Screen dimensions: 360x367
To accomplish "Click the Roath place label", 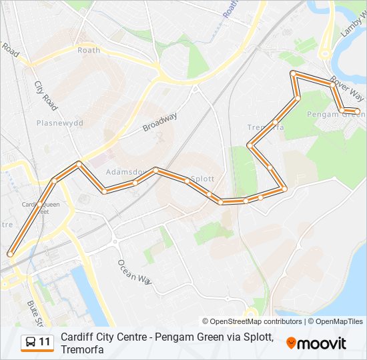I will [88, 50].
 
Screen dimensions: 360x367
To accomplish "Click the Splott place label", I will [202, 179].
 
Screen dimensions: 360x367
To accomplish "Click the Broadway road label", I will [160, 123].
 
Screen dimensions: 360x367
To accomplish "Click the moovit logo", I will [316, 343].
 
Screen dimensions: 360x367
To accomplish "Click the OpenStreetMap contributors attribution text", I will [252, 321].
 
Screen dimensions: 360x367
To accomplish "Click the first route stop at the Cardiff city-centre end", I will [10, 253].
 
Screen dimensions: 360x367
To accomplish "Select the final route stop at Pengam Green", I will [357, 111].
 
